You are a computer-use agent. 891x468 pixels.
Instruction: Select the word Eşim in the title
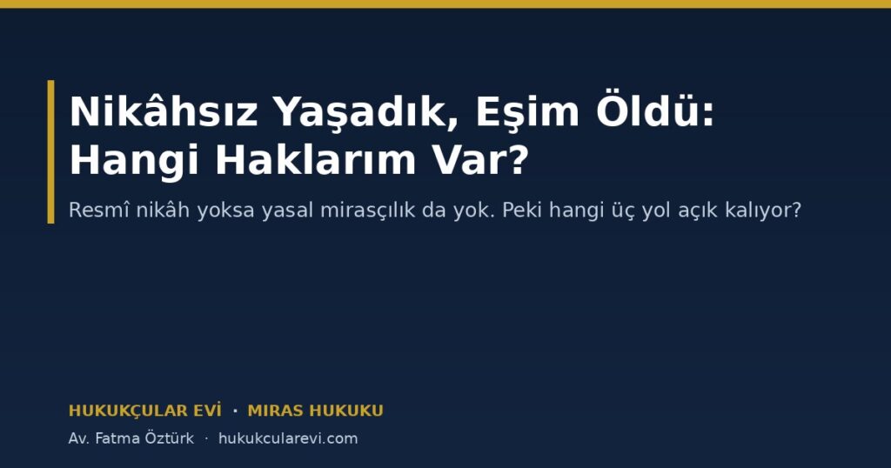[x=527, y=112]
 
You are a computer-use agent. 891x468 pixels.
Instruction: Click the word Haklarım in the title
[x=316, y=159]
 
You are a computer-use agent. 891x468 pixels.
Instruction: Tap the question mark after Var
[x=519, y=159]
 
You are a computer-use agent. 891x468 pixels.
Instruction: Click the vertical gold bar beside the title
[x=50, y=151]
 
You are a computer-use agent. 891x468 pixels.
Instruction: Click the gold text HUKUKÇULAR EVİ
[x=145, y=411]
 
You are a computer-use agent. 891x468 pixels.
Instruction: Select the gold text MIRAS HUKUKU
[x=315, y=411]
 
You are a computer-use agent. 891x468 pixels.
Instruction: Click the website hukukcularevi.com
[x=288, y=438]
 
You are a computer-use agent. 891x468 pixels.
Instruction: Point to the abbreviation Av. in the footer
[x=78, y=438]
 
